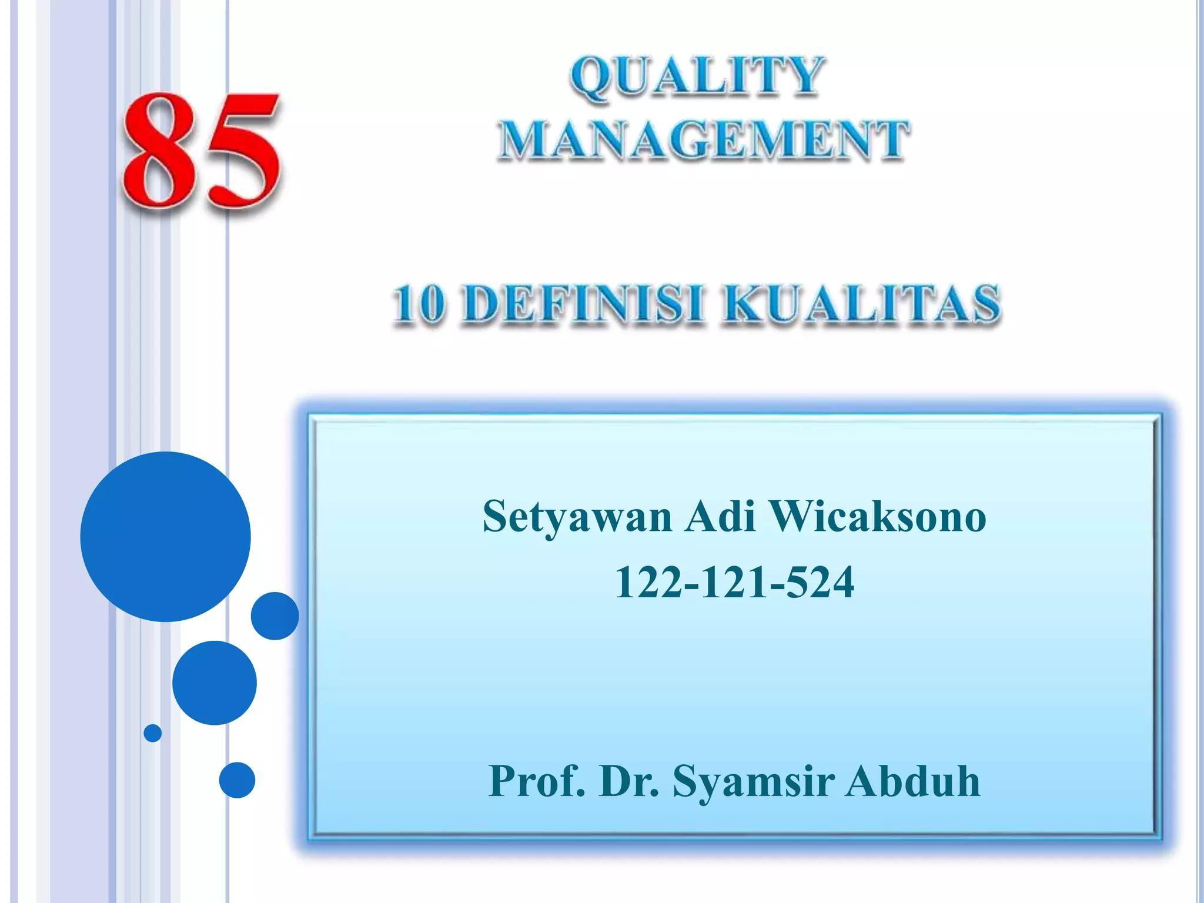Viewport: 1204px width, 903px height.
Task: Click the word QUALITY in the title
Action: tap(697, 76)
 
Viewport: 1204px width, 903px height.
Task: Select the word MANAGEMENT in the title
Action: tap(703, 140)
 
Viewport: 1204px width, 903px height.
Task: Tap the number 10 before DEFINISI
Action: tap(419, 304)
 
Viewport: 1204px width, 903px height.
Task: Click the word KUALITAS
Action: tap(862, 304)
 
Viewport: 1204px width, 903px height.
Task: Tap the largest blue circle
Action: tap(166, 537)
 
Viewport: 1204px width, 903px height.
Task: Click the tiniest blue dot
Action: tap(153, 733)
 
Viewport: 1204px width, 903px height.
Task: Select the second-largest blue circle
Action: tap(215, 683)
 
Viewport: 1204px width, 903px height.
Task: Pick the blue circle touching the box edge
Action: tap(275, 616)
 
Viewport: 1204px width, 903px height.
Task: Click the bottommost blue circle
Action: tap(237, 780)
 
